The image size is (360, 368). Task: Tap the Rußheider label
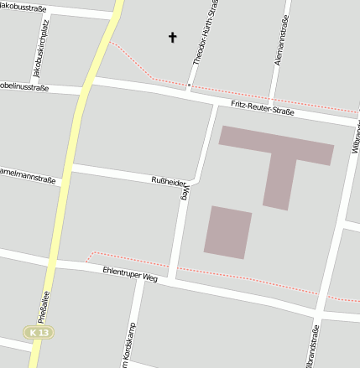point(167,179)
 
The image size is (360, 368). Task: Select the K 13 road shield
point(37,333)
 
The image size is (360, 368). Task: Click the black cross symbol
point(174,37)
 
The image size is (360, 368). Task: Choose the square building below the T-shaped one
point(227,231)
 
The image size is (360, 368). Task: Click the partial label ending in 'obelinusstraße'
point(25,86)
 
